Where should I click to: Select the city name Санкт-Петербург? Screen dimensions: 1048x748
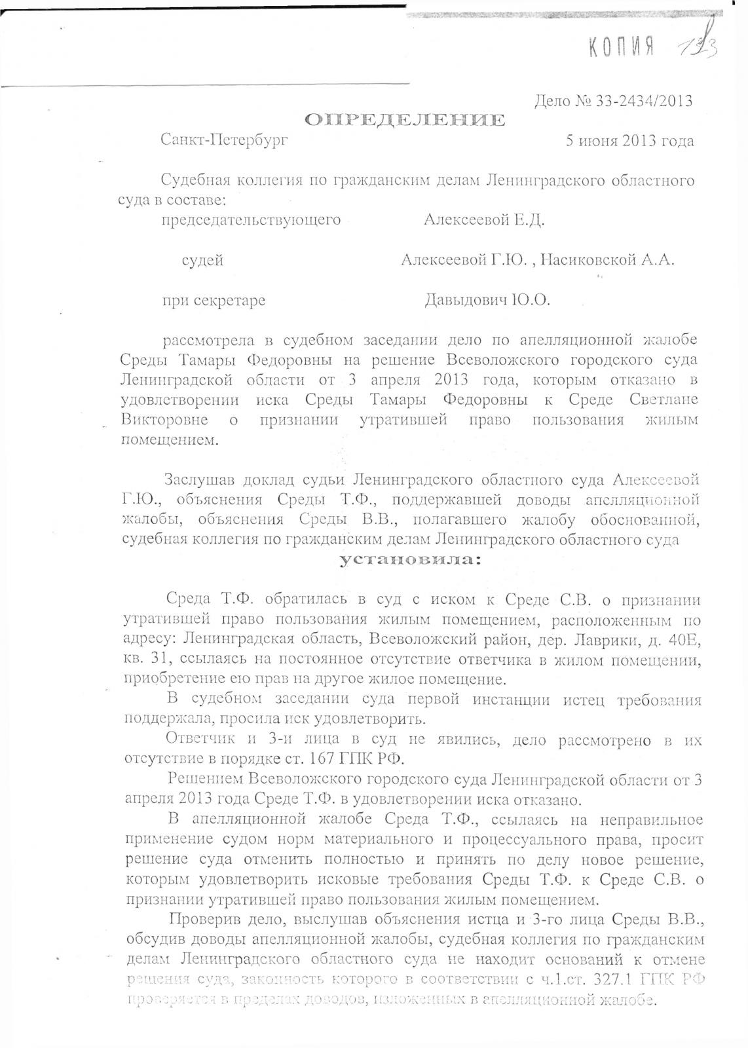(x=223, y=140)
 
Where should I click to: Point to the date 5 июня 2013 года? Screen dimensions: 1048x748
(x=629, y=141)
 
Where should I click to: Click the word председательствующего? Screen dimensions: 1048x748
(x=252, y=219)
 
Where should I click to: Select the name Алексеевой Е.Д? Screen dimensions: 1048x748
(x=484, y=219)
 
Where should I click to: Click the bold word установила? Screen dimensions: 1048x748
(x=410, y=560)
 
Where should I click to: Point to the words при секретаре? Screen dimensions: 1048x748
(x=214, y=301)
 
